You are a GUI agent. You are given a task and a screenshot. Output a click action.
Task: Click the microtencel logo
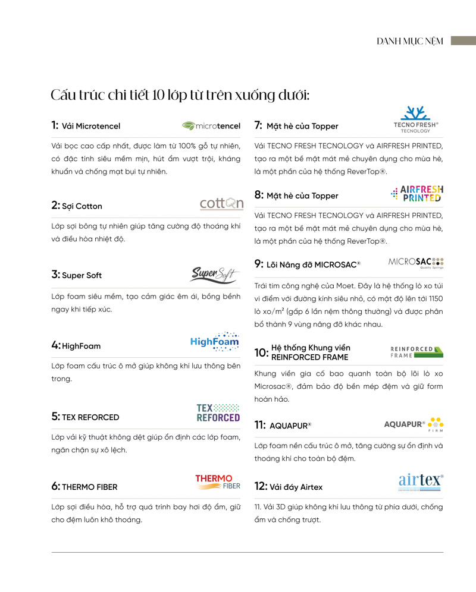click(x=211, y=126)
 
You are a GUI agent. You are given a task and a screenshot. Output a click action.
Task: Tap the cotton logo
click(x=221, y=204)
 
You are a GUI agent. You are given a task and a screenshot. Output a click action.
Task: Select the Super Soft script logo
click(x=214, y=275)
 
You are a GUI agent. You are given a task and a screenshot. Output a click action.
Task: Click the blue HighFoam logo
click(x=215, y=341)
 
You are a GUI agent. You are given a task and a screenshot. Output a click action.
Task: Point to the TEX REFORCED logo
click(x=218, y=413)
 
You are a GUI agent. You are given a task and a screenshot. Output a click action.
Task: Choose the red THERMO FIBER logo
click(x=218, y=482)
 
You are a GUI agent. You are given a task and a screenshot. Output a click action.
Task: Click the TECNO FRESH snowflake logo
click(x=416, y=119)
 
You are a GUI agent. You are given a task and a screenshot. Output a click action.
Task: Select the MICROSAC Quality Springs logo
click(x=416, y=263)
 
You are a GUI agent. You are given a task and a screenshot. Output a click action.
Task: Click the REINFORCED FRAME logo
click(x=416, y=352)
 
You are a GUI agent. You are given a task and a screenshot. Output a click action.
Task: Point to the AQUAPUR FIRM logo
click(x=414, y=424)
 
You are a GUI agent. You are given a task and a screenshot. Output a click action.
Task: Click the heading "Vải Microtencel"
click(x=91, y=126)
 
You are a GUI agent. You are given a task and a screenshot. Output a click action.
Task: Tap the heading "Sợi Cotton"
click(x=82, y=206)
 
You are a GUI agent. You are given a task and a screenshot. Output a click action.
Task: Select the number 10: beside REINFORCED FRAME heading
click(x=261, y=352)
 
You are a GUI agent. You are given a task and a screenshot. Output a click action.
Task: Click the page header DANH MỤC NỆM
click(x=410, y=41)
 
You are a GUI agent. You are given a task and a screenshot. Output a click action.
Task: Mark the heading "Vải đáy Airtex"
click(x=296, y=487)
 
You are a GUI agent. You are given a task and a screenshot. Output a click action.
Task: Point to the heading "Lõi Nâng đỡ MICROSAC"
click(x=313, y=264)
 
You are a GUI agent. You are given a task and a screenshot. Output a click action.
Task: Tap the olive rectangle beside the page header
click(x=463, y=40)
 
